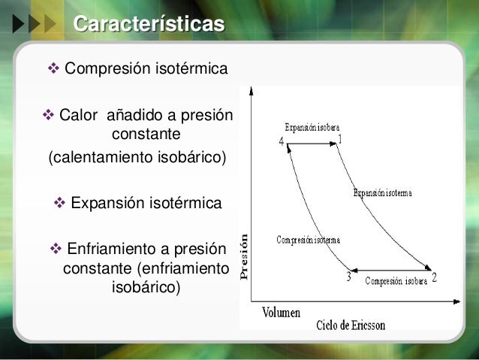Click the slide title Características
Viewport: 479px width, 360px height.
click(149, 23)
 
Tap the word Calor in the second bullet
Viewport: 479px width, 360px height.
click(79, 117)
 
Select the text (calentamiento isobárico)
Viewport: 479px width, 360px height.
click(136, 159)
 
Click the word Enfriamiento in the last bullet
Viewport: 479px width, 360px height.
click(114, 249)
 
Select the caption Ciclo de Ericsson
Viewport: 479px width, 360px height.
click(351, 325)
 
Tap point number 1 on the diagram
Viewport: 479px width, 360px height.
click(340, 139)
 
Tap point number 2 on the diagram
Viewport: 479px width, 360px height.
click(434, 277)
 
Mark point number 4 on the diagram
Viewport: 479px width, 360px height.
click(282, 141)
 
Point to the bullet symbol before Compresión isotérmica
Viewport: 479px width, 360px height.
click(53, 70)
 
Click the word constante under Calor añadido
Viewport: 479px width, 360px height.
click(146, 136)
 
